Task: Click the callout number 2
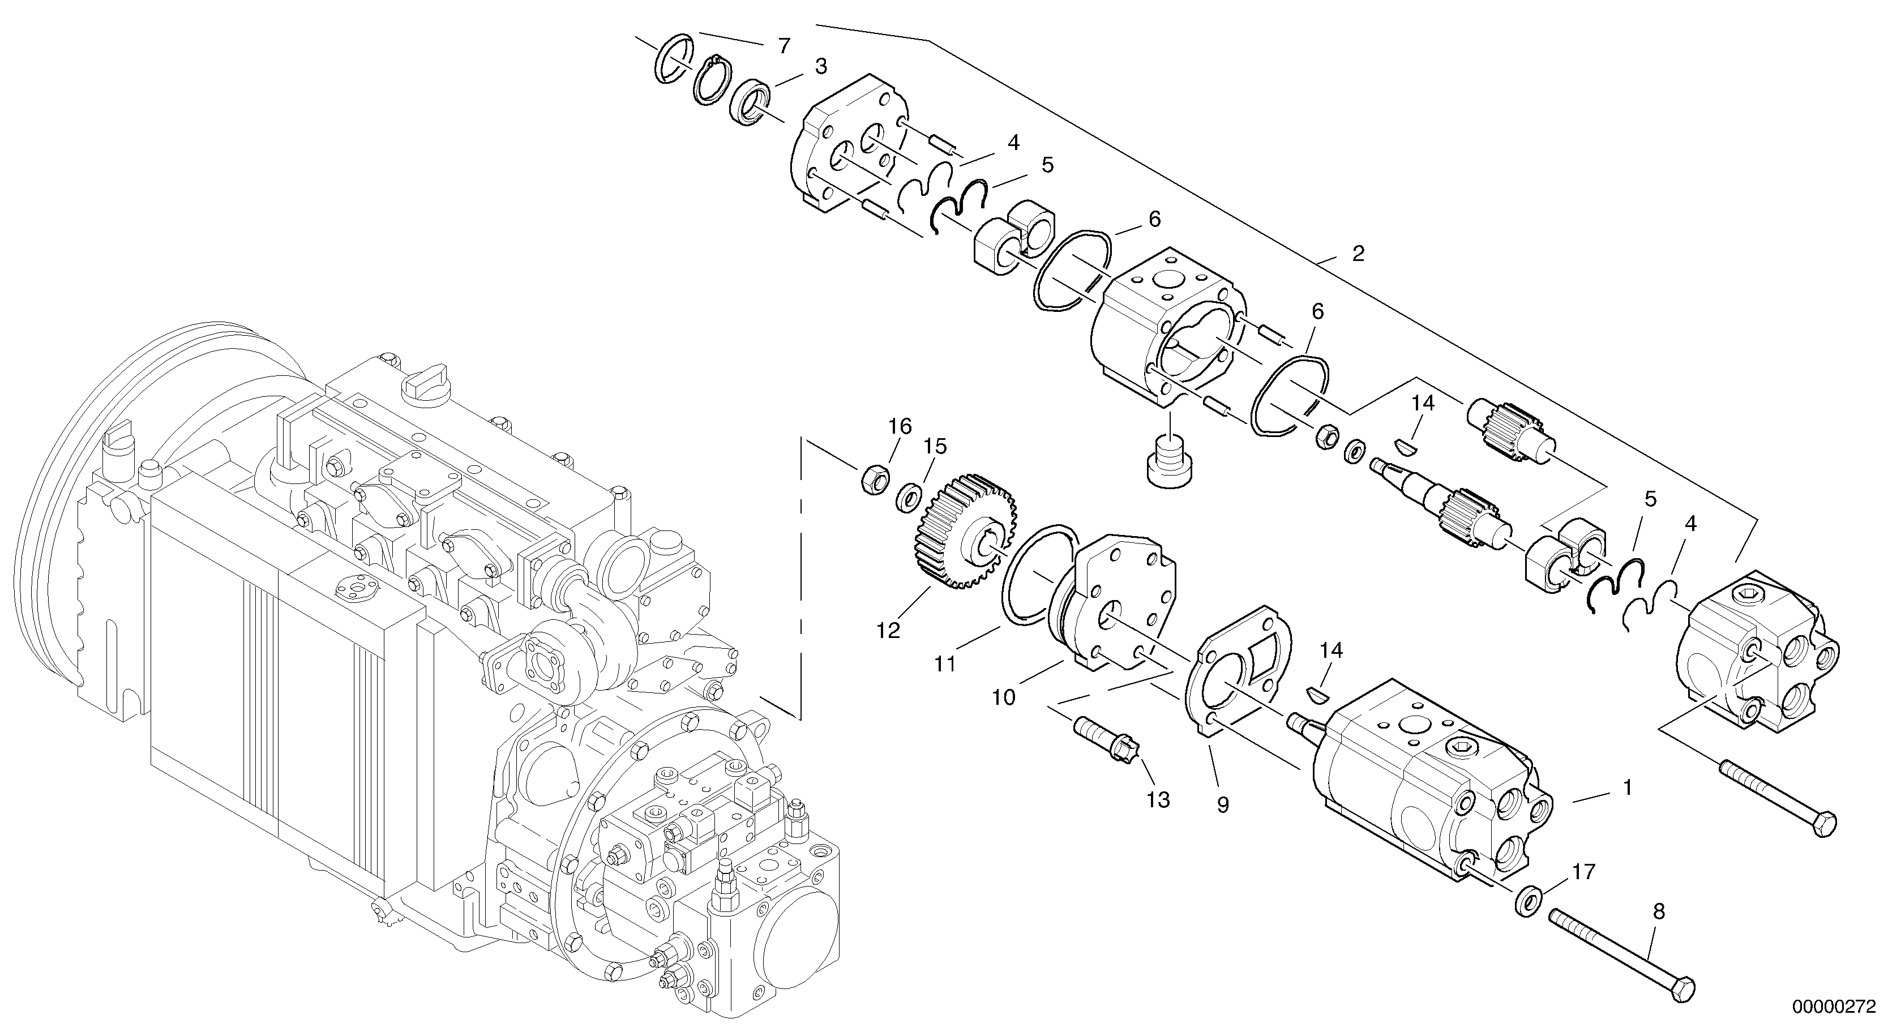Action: point(1358,254)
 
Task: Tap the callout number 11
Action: point(945,664)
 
